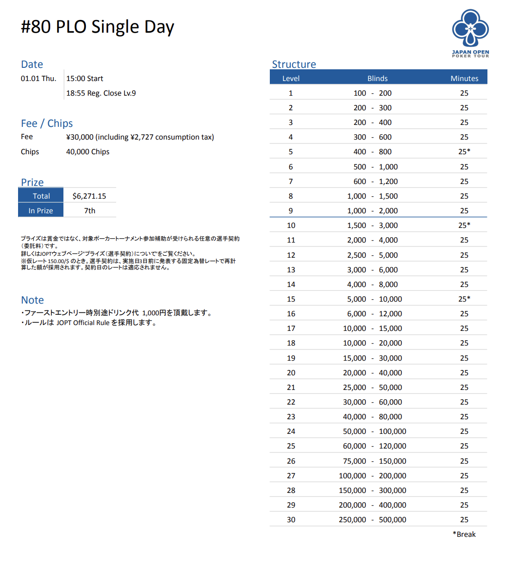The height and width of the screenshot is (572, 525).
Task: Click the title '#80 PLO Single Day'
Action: [98, 27]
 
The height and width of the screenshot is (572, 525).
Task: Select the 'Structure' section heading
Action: [294, 64]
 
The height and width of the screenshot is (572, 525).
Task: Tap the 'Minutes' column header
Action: [464, 79]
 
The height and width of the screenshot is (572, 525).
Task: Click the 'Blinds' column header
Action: [377, 79]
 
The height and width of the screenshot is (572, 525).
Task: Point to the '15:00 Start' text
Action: [84, 79]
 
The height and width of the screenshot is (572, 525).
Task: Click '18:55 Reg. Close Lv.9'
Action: [101, 93]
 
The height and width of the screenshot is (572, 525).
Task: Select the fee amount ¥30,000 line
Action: [140, 137]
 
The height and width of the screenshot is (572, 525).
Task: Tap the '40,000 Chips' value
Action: [88, 152]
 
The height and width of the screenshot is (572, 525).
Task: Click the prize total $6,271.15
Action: [89, 196]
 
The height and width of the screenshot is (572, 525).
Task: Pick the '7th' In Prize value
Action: [90, 211]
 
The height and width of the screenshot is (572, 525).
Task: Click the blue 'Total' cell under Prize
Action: [41, 196]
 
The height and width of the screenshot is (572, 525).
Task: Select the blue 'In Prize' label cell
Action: [41, 211]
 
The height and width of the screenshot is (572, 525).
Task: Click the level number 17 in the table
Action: [291, 328]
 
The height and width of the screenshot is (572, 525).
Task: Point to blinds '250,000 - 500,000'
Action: [372, 520]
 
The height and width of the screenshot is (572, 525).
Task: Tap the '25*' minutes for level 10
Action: [464, 225]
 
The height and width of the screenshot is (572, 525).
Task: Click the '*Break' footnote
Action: [464, 534]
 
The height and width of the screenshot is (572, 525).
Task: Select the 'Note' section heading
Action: [32, 300]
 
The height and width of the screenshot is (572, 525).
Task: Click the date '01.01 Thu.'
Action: [39, 79]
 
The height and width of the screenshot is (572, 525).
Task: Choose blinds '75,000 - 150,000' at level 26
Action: [372, 461]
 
